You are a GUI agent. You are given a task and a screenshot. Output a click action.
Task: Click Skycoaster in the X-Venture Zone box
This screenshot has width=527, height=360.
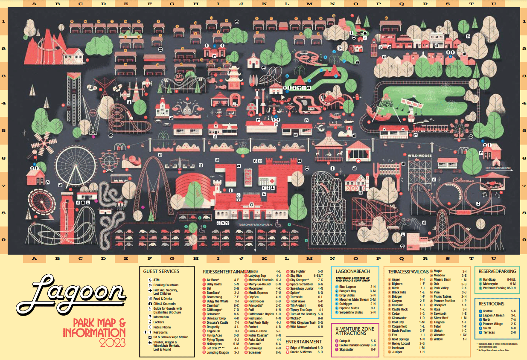346,349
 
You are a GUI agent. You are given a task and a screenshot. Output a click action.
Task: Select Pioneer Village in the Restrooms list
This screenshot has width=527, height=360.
494,324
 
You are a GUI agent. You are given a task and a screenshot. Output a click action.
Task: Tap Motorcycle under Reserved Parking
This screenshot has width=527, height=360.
490,284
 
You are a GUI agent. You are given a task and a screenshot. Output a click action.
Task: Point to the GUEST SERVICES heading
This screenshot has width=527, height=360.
161,271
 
